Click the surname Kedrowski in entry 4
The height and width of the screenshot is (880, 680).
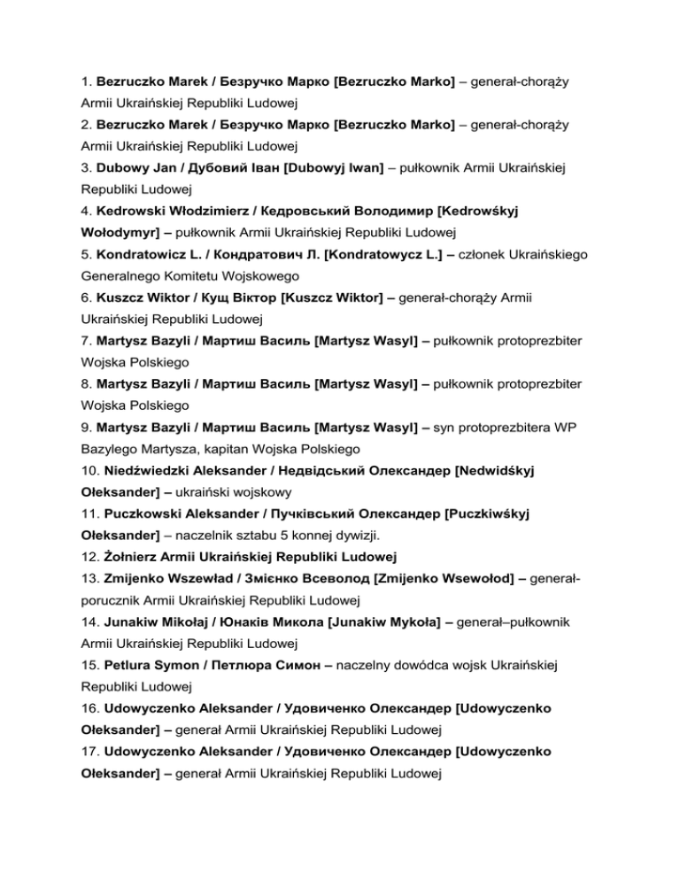(x=137, y=211)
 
